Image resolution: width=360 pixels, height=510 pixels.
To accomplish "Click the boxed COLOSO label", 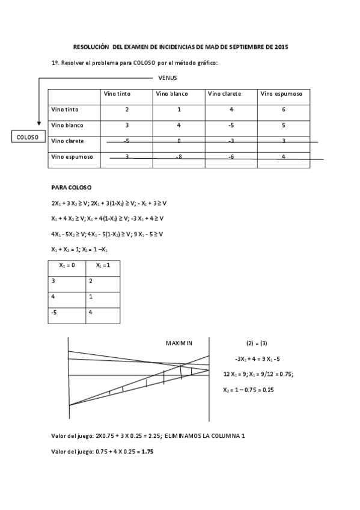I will [x=27, y=137].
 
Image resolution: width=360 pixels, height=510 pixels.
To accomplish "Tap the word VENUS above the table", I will [x=167, y=78].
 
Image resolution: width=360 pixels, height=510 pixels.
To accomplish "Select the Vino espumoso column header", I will [x=281, y=94].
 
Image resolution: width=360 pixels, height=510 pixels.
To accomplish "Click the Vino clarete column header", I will [x=225, y=94].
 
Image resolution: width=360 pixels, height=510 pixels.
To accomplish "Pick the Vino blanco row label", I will [x=68, y=125].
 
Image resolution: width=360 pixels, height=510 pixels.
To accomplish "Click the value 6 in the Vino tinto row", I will [x=283, y=110].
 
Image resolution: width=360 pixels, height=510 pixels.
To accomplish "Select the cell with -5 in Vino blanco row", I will [x=231, y=126].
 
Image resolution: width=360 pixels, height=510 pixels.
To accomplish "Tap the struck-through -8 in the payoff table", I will [x=179, y=156].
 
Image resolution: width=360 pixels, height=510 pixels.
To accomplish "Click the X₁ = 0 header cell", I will [x=67, y=265].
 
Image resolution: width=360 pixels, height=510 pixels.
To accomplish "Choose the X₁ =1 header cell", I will [x=103, y=265].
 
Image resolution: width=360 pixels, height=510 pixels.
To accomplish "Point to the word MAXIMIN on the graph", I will [x=178, y=343].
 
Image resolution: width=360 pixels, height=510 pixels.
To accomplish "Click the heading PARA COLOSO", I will [x=72, y=188].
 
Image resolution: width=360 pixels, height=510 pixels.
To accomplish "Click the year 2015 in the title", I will [x=281, y=46].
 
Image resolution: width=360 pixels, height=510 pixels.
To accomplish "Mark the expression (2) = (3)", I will [x=257, y=343].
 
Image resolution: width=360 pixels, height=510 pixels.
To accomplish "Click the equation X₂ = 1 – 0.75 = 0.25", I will [x=249, y=390].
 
